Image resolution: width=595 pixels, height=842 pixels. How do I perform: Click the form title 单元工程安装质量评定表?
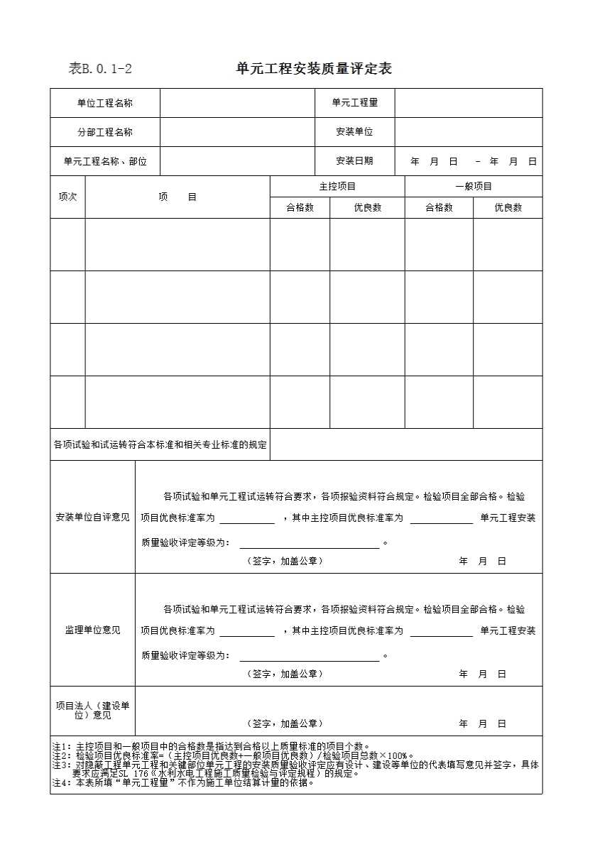(x=314, y=69)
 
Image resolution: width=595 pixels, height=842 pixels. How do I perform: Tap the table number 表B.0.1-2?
(x=100, y=69)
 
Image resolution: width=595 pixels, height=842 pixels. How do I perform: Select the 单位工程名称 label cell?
(x=105, y=103)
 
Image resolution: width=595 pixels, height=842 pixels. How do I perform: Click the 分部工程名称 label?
(x=105, y=132)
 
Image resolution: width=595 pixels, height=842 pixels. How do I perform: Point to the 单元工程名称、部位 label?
(x=105, y=161)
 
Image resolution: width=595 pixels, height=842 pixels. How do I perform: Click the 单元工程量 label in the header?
(x=354, y=103)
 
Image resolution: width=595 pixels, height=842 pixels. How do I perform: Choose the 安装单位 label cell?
(x=354, y=132)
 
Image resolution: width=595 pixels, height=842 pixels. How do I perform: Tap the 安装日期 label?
(x=354, y=161)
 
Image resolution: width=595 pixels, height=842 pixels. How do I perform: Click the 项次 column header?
(x=67, y=197)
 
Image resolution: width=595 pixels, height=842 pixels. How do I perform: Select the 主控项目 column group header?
(x=337, y=187)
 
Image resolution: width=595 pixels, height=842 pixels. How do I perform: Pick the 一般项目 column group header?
(x=474, y=187)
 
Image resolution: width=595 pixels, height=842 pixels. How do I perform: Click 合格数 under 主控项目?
(x=300, y=208)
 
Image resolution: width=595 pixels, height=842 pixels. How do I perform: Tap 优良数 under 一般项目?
(x=508, y=208)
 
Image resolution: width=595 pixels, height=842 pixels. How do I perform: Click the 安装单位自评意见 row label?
(x=92, y=517)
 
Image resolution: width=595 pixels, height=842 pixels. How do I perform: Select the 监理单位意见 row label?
(x=92, y=630)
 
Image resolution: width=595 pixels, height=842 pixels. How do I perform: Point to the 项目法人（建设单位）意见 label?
(x=92, y=711)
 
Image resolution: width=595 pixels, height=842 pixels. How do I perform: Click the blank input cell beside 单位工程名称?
(x=237, y=103)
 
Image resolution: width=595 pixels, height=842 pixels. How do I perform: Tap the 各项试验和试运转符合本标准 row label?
(x=160, y=445)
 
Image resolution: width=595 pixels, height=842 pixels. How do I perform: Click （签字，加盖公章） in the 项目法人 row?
(x=285, y=723)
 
